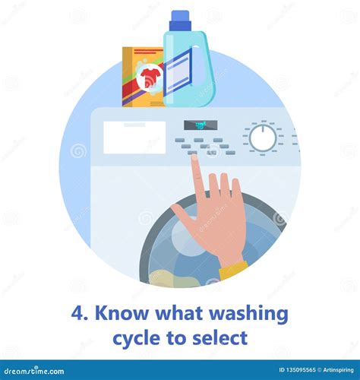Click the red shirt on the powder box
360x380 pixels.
[150, 75]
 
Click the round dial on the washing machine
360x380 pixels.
[264, 138]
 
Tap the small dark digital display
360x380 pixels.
[201, 125]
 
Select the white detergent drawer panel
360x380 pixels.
[134, 138]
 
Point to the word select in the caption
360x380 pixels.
[223, 335]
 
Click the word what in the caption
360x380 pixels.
[181, 312]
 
